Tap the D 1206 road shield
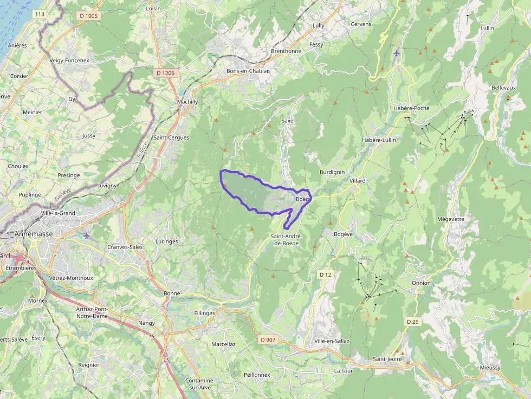coord(165,73)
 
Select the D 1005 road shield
coord(89,16)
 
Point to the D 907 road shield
coord(268,339)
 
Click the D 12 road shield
coord(325,274)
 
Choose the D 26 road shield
coord(413,322)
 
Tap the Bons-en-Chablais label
coord(248,71)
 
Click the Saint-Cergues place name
coord(171,138)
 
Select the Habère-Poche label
coord(411,108)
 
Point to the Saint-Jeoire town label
coord(387,359)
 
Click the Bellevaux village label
coord(503,88)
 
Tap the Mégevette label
coord(451,219)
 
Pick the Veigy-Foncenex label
coord(69,60)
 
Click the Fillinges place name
coord(205,313)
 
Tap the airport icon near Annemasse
coord(87,235)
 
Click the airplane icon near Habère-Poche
coord(397,53)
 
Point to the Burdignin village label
coord(332,172)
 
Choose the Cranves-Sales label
coord(125,247)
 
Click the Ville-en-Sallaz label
coord(332,341)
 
